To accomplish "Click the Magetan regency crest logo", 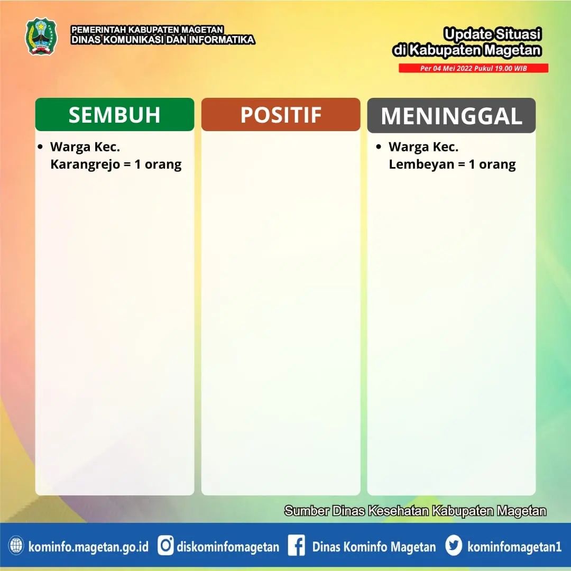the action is click(x=41, y=36).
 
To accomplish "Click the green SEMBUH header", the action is click(x=115, y=114).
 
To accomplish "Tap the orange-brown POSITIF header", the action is click(x=281, y=114).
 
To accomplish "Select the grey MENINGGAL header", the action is click(x=451, y=115).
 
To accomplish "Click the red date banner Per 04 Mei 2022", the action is click(x=473, y=68).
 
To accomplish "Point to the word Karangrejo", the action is click(x=85, y=164).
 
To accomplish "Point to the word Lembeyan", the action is click(x=421, y=164).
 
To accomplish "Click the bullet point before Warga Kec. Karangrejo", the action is click(x=40, y=147).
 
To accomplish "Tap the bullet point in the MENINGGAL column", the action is click(x=379, y=147).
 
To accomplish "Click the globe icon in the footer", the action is click(x=16, y=546).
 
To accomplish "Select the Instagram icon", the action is click(x=165, y=546).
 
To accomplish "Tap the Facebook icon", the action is click(x=297, y=546).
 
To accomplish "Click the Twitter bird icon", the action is click(x=454, y=546).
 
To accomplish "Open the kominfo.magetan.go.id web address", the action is click(x=88, y=547).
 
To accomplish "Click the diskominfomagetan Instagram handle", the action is click(x=228, y=547).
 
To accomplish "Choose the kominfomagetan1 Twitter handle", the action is click(x=514, y=547).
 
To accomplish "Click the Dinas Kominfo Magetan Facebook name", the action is click(x=374, y=547).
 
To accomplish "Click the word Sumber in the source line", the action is click(x=306, y=511).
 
